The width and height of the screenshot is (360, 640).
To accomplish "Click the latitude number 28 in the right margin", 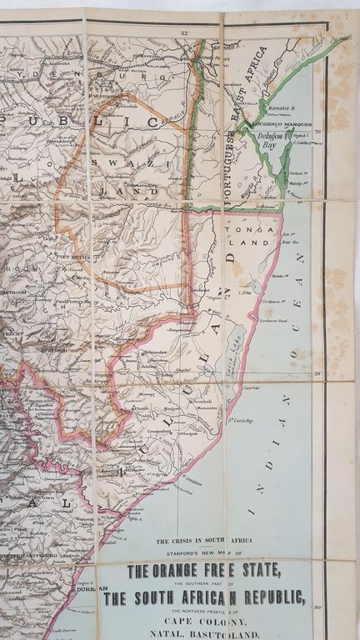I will pos(317,374).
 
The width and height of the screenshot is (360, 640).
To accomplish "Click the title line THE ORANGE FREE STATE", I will pos(204,572).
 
